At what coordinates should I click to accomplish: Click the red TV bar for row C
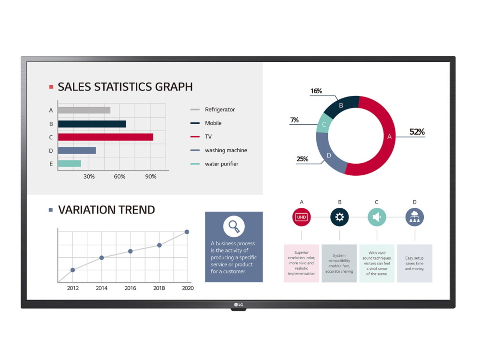click(105, 137)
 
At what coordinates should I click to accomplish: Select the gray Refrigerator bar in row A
click(84, 110)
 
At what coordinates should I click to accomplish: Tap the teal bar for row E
click(69, 163)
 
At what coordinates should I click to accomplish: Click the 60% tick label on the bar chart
click(120, 177)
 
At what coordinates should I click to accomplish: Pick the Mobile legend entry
click(213, 123)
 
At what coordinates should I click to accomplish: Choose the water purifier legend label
click(221, 164)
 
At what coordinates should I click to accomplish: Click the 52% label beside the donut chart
click(417, 132)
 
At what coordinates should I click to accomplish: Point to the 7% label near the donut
click(294, 120)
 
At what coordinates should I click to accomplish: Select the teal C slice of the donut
click(323, 124)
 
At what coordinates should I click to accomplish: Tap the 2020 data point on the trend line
click(187, 232)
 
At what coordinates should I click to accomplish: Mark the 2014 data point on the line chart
click(102, 258)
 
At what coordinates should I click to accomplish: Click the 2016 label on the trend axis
click(130, 288)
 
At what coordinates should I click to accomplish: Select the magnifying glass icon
click(234, 226)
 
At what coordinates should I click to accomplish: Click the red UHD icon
click(301, 217)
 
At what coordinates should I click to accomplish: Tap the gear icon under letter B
click(339, 217)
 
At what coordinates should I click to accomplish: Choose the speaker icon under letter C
click(377, 217)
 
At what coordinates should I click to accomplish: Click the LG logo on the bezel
click(238, 304)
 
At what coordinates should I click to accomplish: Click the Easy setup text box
click(414, 263)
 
